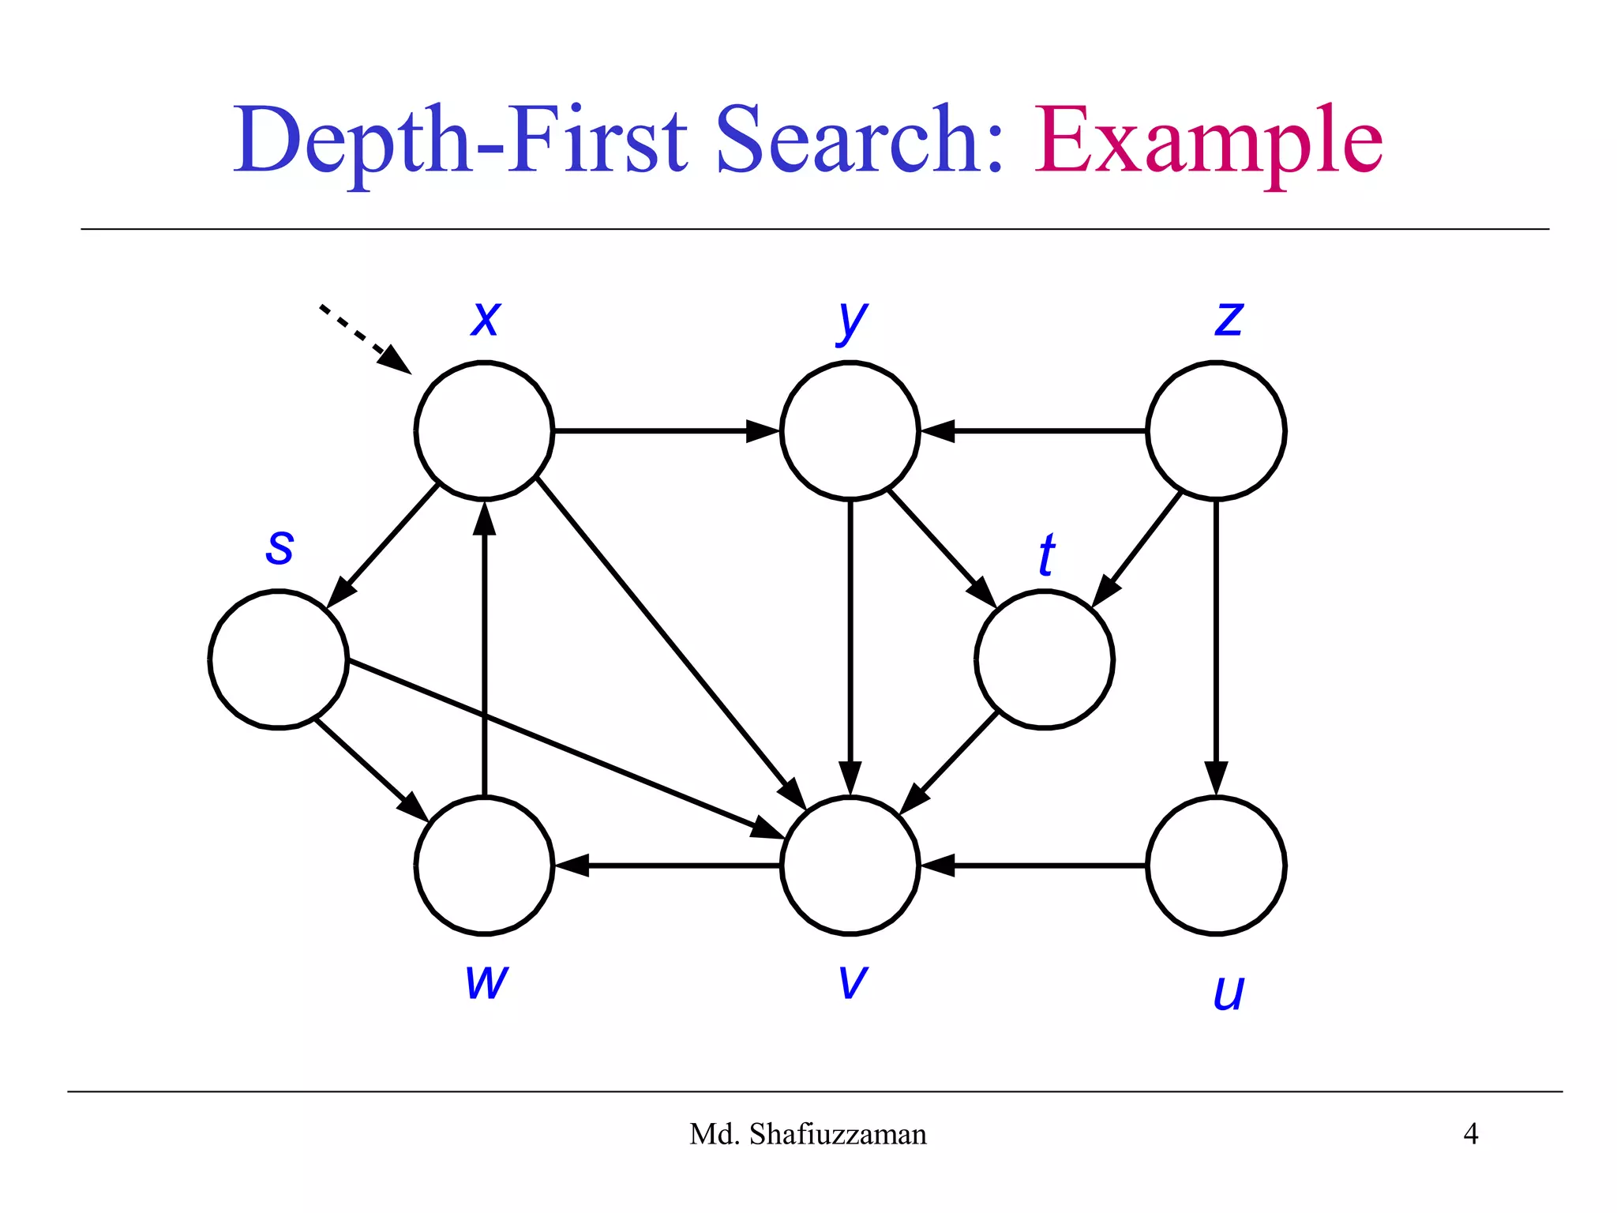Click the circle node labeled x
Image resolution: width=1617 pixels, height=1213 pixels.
[484, 430]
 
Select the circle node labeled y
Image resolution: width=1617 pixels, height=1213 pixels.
[850, 430]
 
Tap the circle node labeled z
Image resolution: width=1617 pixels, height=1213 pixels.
[1216, 430]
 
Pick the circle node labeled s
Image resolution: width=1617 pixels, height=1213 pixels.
[278, 659]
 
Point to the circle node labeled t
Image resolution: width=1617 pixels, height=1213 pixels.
[1044, 659]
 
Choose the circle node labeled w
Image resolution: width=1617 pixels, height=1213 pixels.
[484, 866]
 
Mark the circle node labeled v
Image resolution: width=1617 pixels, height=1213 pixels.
[850, 866]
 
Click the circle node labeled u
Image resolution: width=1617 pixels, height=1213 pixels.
[1216, 866]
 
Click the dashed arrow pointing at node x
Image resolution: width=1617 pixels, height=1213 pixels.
[363, 338]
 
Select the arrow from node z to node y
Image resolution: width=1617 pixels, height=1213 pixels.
[1034, 430]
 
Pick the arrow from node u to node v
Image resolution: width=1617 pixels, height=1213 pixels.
[1034, 866]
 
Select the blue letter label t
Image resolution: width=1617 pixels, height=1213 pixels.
[1046, 554]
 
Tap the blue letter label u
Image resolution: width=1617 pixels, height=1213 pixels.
[1228, 992]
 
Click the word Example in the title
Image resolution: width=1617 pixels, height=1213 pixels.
[1208, 142]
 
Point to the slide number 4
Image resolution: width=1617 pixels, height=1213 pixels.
[1470, 1134]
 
